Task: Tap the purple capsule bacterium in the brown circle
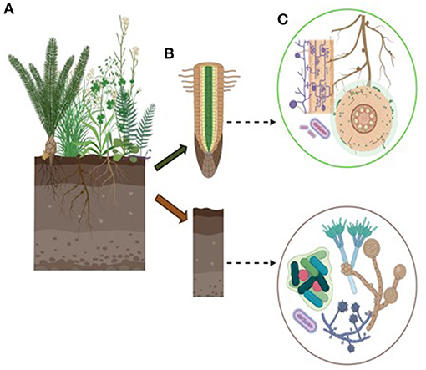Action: pos(307,317)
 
